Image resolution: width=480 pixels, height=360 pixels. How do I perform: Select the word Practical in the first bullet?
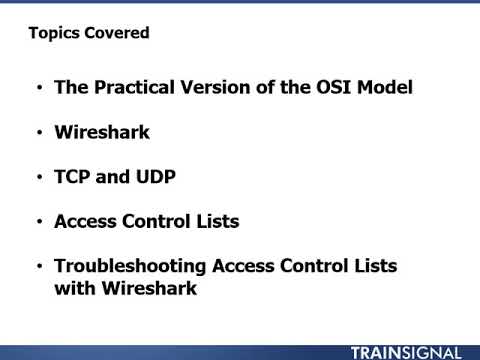pos(134,87)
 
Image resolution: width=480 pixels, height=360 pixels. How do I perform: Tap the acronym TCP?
pos(75,177)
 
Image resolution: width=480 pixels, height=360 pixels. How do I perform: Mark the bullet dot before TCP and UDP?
pos(39,177)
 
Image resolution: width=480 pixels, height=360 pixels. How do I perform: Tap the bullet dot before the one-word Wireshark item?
pos(39,132)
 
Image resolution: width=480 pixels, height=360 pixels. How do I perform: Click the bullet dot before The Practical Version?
pos(39,87)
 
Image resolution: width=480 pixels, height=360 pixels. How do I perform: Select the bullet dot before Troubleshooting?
pos(39,267)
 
